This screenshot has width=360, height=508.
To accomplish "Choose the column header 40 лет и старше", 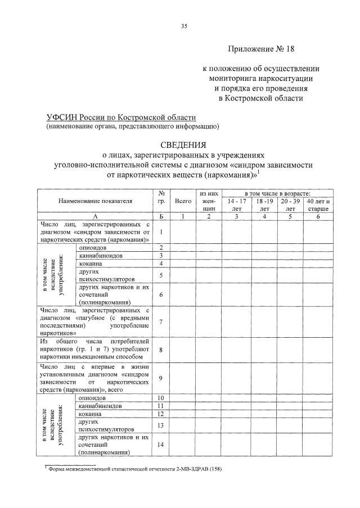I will click(318, 205).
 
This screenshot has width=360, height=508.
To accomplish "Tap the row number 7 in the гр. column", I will click(161, 321).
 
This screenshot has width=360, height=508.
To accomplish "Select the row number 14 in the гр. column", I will click(161, 444).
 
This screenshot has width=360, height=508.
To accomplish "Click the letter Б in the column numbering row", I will click(161, 216).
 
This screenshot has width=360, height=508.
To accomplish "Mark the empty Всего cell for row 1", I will click(183, 232).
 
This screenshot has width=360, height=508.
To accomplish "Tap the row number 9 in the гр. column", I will click(161, 378).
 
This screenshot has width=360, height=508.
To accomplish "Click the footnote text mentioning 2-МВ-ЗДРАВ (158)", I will click(135, 469).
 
